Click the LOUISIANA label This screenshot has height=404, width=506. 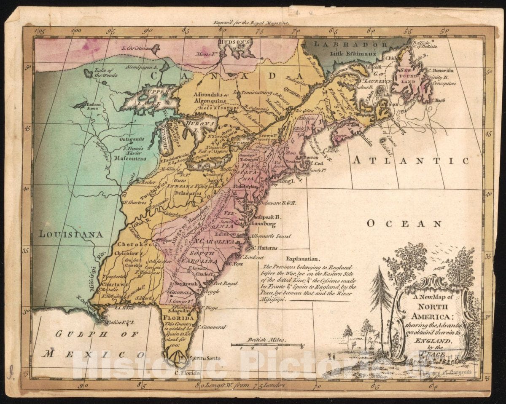[x=71, y=234]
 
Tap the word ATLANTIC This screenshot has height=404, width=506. [x=411, y=161]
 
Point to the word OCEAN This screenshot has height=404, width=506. [x=404, y=223]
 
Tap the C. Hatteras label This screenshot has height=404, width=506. [x=264, y=248]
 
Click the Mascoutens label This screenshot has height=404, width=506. [x=132, y=158]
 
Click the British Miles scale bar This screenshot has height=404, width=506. [x=266, y=345]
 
